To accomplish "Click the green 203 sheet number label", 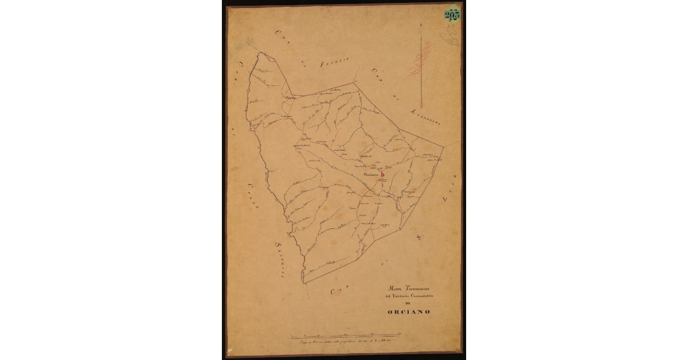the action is click(452, 15).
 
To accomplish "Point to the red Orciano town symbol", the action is click(382, 174).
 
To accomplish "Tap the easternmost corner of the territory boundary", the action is click(444, 146).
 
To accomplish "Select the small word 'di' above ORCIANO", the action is click(408, 303).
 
